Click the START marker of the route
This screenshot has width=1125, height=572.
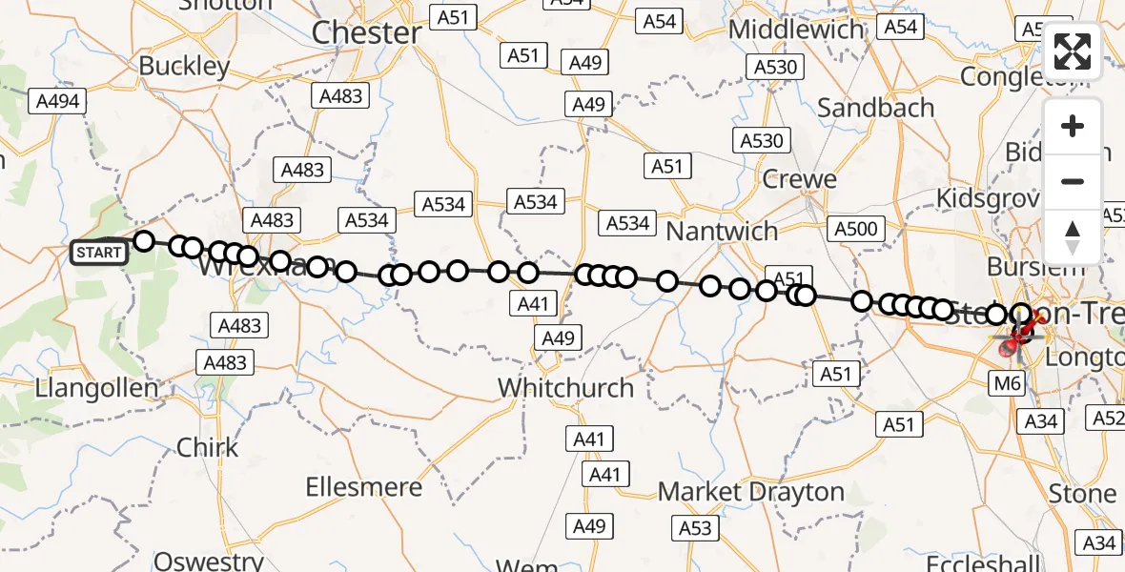click(x=99, y=253)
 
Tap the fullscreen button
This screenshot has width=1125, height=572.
click(x=1073, y=51)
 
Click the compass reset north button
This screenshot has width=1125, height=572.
click(x=1073, y=236)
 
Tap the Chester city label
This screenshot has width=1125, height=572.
click(x=367, y=32)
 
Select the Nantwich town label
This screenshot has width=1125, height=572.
click(x=722, y=231)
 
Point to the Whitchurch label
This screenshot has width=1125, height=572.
click(x=565, y=388)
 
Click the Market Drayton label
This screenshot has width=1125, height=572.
click(x=752, y=492)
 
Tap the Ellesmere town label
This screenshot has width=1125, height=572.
click(x=363, y=487)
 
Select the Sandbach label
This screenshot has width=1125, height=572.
click(x=875, y=108)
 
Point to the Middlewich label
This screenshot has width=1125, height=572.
click(x=796, y=30)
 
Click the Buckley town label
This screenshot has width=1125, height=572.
click(x=184, y=66)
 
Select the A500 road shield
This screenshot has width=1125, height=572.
click(x=855, y=229)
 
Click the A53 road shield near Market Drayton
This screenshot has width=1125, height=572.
click(x=695, y=528)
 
